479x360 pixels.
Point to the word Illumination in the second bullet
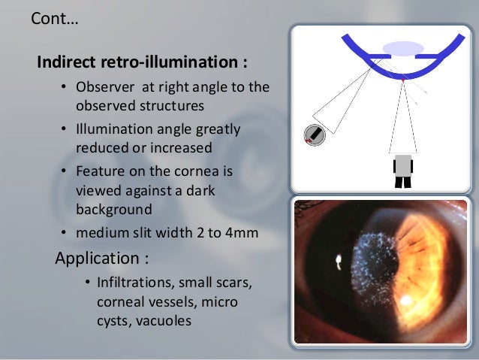point(113,129)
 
